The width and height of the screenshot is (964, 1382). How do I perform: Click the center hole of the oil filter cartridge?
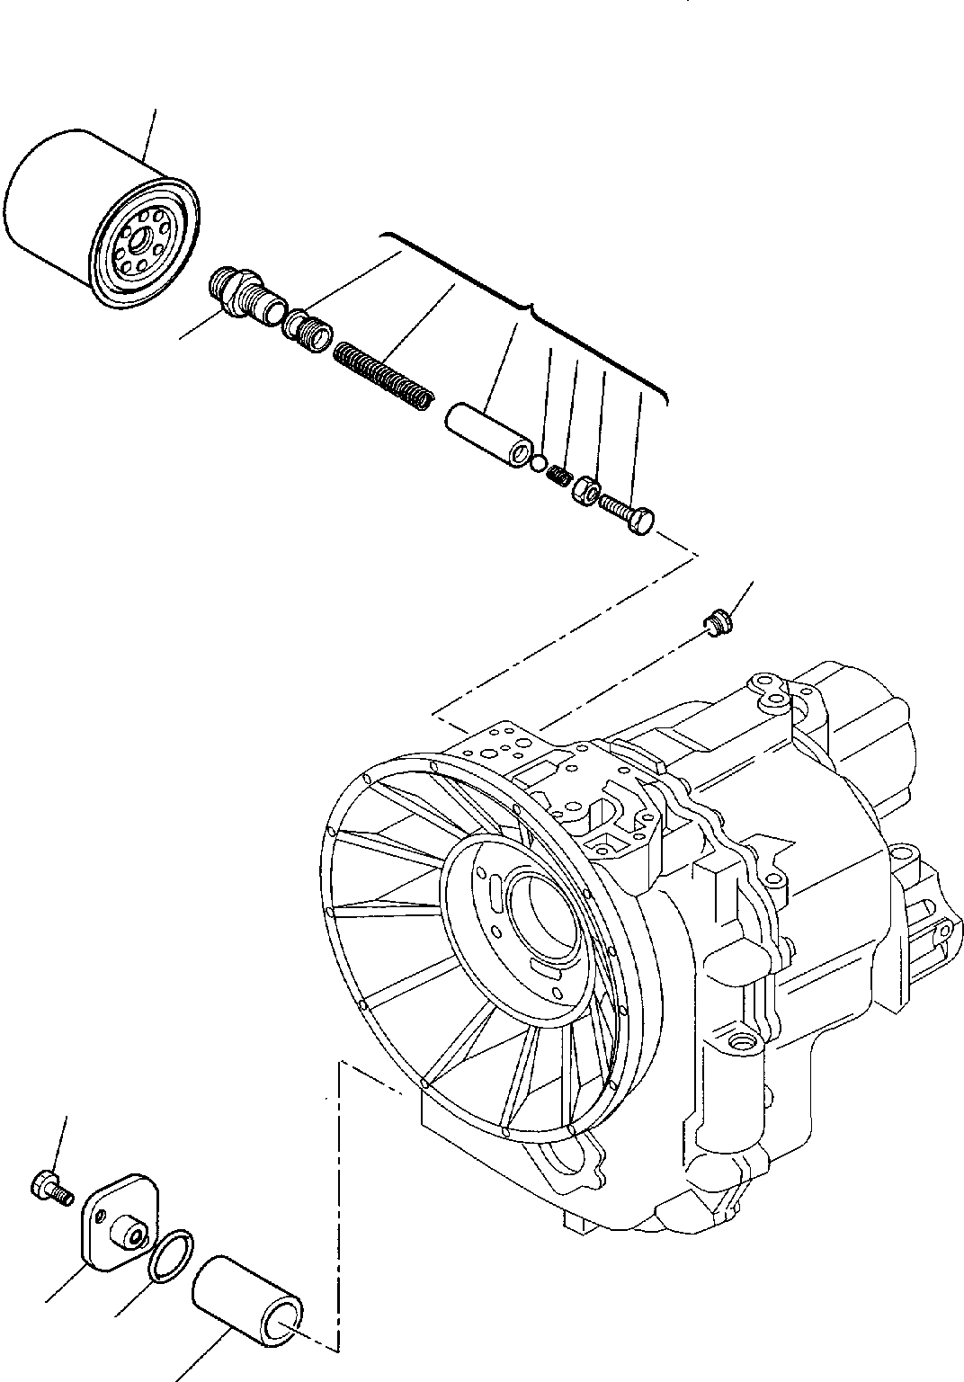(137, 240)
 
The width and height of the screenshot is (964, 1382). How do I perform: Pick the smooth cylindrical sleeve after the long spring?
(491, 435)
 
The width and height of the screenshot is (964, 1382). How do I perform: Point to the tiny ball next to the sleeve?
(538, 463)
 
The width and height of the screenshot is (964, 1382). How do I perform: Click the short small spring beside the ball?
(558, 476)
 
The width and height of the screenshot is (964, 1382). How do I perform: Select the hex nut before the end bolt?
(585, 491)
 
